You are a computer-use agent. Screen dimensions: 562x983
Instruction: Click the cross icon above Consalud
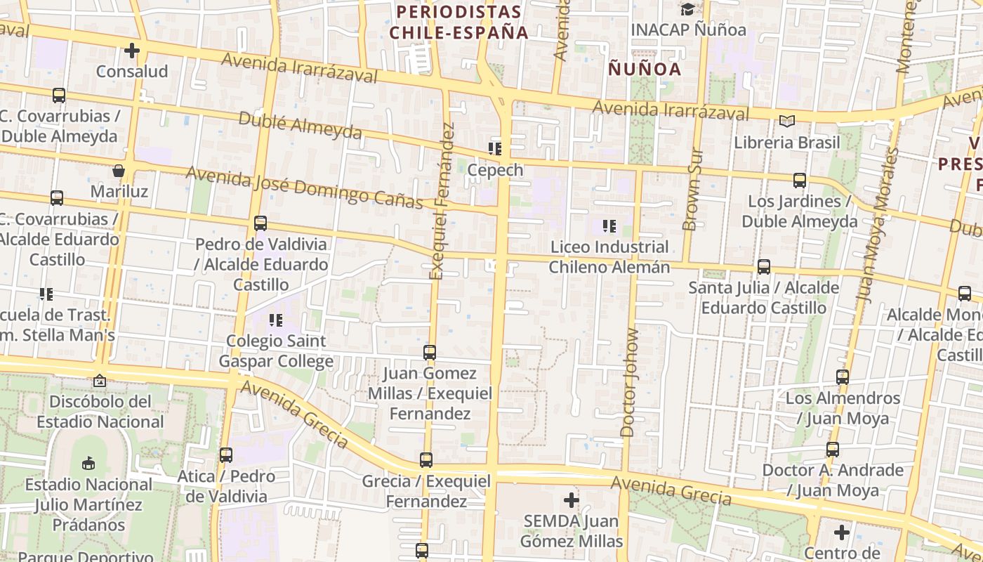pos(132,51)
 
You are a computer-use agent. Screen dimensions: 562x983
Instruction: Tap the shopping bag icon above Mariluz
pos(119,171)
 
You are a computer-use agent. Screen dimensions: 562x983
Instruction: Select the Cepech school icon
pos(495,149)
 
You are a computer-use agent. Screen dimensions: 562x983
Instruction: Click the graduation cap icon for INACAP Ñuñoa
pos(687,9)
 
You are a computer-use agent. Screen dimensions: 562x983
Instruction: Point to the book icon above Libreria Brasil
pos(787,122)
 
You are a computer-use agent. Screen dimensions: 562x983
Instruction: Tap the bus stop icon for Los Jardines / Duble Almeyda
pos(799,181)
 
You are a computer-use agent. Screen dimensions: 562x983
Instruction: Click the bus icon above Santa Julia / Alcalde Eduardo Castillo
pos(764,267)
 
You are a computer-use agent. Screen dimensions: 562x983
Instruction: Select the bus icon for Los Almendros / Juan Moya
pos(843,377)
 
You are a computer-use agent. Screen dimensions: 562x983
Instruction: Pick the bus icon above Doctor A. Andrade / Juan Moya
pos(833,450)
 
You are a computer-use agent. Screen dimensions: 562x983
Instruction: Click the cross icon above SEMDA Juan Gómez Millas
pos(572,501)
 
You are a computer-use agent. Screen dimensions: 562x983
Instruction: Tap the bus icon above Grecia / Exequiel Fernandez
pos(426,460)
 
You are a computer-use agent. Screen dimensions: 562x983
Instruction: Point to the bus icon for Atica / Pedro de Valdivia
pos(225,455)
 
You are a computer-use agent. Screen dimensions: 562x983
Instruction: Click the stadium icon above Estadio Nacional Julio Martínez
pos(88,464)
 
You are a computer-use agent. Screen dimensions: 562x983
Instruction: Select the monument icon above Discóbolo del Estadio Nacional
pos(100,381)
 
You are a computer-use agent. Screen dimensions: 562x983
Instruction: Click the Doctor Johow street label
pos(630,383)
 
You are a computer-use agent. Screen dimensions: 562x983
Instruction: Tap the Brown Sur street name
pos(692,189)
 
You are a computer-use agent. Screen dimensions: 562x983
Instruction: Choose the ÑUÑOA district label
pos(645,69)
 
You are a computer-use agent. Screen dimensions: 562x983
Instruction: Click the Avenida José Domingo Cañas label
pos(305,188)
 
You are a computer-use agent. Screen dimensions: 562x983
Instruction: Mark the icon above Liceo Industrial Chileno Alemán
pos(609,226)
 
